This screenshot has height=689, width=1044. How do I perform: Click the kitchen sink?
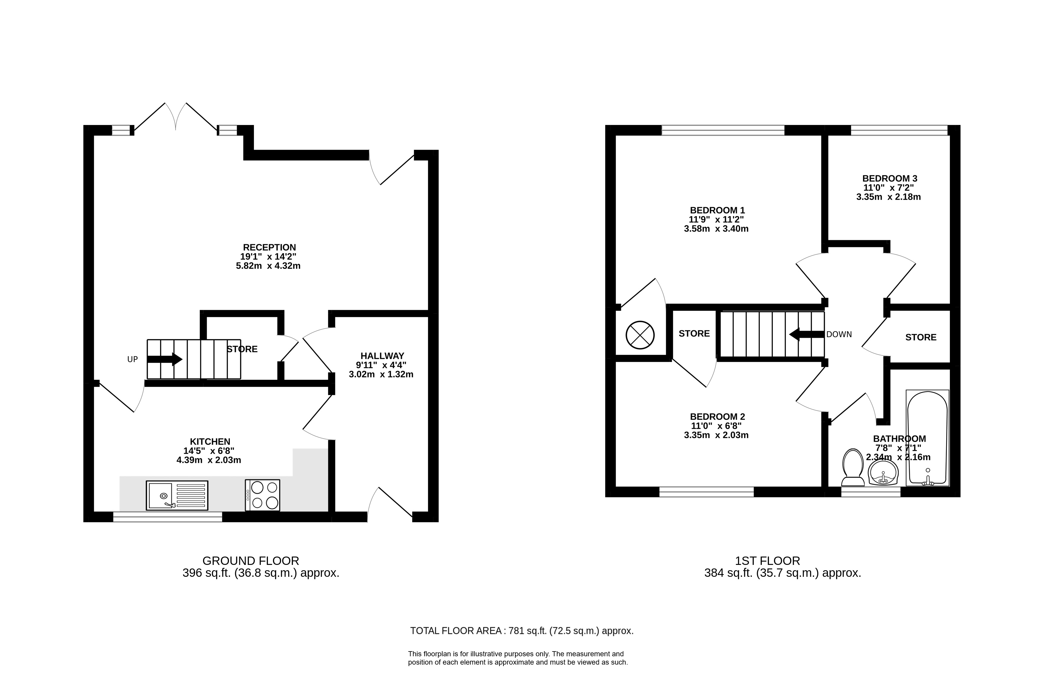coord(177,495)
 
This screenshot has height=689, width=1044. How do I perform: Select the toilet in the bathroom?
coord(853,468)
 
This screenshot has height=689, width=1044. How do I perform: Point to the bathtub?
coord(928,438)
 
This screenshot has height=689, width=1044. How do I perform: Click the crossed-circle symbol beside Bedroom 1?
coord(640,335)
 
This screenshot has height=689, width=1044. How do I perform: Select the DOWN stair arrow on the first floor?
coord(807,335)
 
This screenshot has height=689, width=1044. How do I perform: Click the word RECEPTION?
coord(269,247)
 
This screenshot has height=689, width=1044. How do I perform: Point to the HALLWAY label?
coord(382,356)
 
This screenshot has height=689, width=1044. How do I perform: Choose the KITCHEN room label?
coord(210,442)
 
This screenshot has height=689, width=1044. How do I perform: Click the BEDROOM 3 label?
coord(890,178)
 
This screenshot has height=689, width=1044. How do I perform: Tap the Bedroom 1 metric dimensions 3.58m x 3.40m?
coord(716,229)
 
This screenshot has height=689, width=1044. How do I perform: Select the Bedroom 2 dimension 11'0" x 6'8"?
coord(716,426)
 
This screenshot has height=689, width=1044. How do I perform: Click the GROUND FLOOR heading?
coord(251,561)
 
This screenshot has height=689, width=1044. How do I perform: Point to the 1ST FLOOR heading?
coord(768,561)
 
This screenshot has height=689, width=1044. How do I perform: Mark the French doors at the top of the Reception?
coord(176,117)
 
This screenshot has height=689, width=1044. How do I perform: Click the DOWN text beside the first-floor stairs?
coord(839,335)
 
